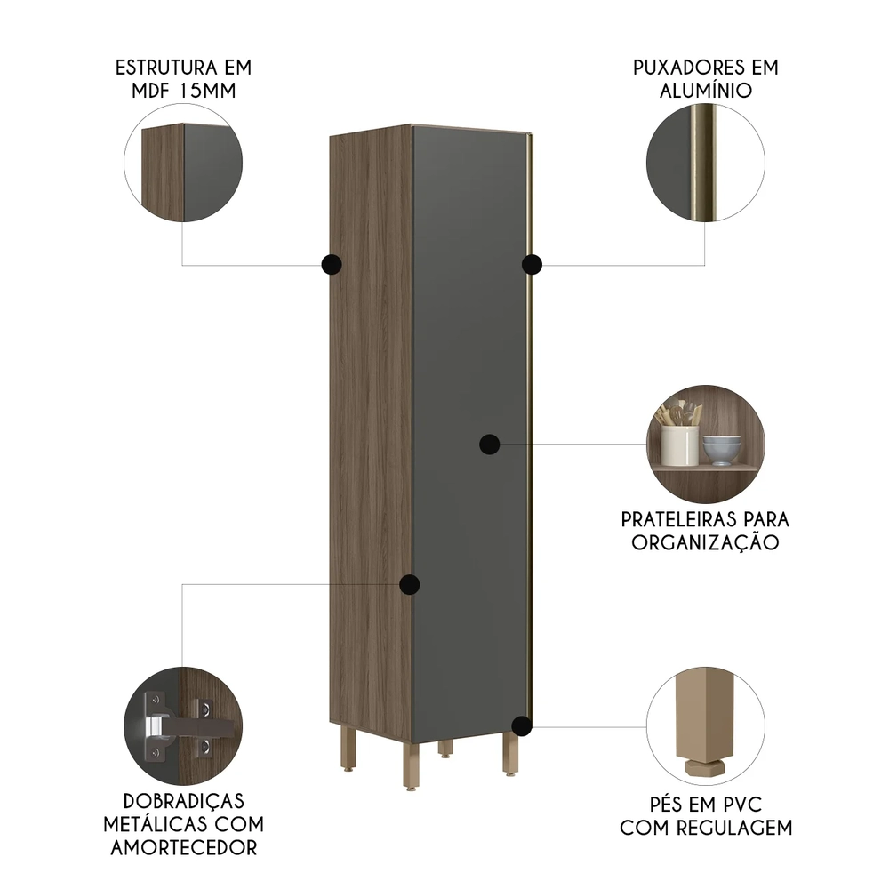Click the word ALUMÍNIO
click(706, 91)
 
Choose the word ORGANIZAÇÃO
click(705, 542)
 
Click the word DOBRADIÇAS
click(184, 801)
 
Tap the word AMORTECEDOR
click(184, 847)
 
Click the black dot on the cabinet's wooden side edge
click(332, 264)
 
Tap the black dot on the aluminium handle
click(532, 264)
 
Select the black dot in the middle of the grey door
click(489, 444)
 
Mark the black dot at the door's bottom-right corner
click(522, 725)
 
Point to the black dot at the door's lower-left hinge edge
click(409, 584)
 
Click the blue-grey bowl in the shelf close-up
click(722, 450)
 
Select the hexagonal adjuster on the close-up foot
click(705, 768)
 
